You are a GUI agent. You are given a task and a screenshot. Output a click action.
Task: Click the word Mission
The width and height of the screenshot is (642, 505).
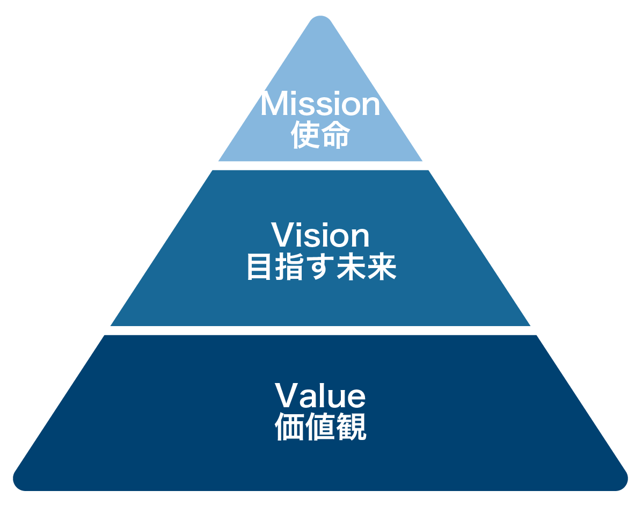(320, 105)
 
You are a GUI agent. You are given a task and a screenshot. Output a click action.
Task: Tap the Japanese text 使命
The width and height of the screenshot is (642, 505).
(320, 135)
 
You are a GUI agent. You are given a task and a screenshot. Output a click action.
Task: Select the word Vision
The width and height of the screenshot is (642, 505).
(320, 236)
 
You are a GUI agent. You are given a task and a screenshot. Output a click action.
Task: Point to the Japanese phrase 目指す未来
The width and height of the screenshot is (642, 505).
(321, 267)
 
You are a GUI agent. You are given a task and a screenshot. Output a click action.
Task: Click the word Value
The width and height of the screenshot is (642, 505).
(320, 396)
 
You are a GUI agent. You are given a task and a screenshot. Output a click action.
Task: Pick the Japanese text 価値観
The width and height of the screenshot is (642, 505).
(320, 428)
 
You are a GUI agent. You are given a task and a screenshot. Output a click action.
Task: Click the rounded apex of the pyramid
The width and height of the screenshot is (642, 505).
(320, 24)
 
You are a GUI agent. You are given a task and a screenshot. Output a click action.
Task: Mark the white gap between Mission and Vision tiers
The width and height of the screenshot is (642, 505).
(320, 165)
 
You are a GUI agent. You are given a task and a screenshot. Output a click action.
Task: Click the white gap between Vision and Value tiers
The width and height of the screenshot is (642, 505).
(320, 330)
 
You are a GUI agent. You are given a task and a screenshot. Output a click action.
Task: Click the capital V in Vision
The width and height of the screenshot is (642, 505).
(281, 235)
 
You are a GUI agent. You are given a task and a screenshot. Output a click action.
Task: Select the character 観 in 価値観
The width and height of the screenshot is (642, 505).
(352, 428)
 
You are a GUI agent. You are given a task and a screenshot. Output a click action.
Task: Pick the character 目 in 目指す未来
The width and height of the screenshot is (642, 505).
(258, 267)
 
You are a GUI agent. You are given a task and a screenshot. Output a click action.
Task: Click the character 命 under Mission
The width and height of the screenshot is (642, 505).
(335, 135)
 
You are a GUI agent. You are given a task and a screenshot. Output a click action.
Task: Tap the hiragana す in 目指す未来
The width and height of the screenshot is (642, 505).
(320, 267)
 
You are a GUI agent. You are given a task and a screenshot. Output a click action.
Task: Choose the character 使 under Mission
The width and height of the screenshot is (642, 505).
(305, 135)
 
